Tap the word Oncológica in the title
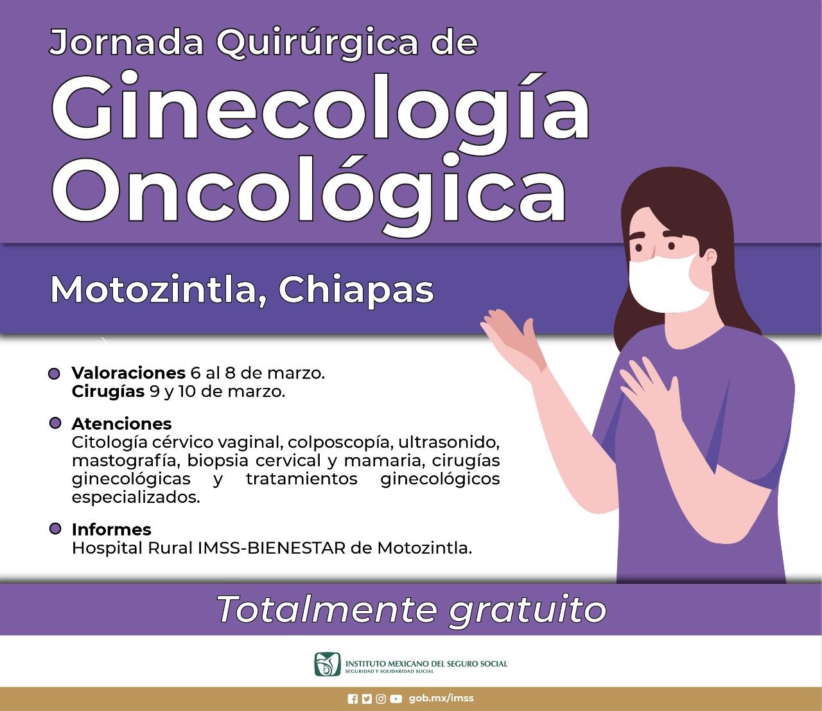(309, 194)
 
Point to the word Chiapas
(356, 292)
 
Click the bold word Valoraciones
(128, 373)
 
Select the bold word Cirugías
(108, 392)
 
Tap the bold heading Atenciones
(121, 424)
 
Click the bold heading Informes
(111, 529)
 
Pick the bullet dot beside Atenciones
(55, 423)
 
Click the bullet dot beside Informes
(55, 529)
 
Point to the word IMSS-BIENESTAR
(272, 549)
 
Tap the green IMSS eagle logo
(328, 664)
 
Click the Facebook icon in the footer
(353, 699)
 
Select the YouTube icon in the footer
(396, 699)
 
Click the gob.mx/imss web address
(441, 698)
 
